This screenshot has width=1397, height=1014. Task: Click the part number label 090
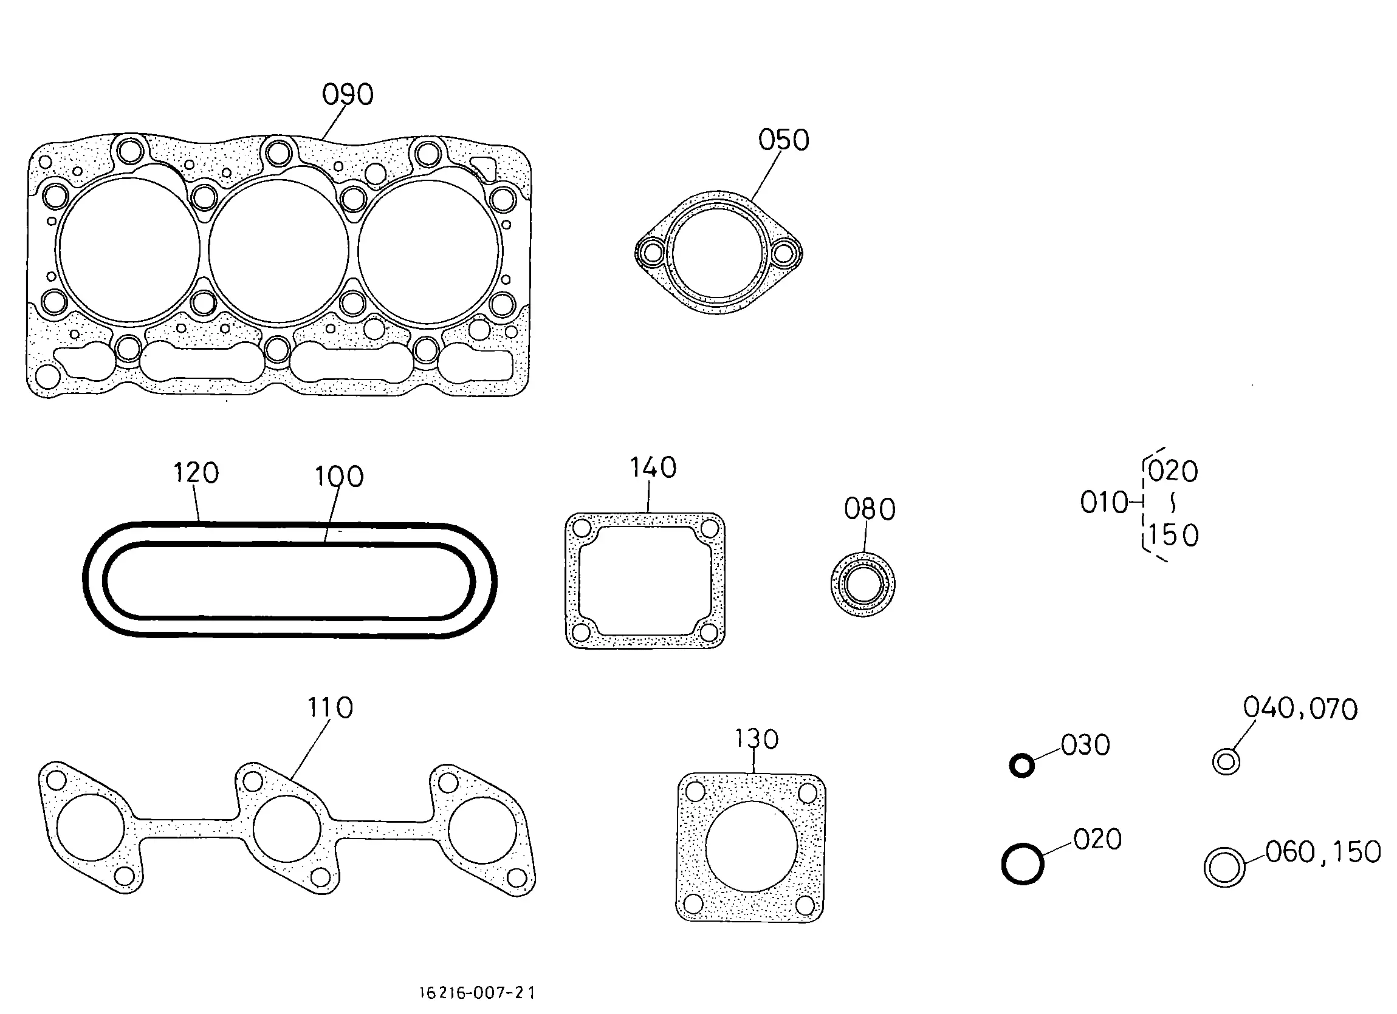point(348,94)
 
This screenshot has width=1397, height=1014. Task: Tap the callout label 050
point(783,140)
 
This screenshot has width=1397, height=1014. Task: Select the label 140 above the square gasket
point(653,468)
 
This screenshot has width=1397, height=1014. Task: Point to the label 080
point(870,509)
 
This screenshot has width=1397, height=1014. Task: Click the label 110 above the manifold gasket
point(330,708)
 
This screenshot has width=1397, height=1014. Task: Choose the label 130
point(757,739)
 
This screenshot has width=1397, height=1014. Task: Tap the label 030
point(1085,745)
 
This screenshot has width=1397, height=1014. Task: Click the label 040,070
point(1300,709)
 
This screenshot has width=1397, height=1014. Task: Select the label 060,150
point(1323,852)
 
